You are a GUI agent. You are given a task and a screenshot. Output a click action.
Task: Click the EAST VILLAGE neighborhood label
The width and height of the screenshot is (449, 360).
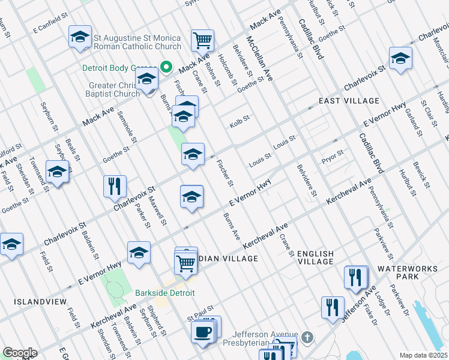[x=349, y=101]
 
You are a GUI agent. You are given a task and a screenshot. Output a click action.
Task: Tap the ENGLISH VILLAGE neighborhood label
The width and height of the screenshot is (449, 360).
[x=316, y=257]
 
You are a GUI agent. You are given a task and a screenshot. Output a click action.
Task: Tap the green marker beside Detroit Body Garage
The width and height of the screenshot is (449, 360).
[x=167, y=67]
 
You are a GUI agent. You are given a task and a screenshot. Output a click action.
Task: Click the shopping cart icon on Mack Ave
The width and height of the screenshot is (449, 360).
[x=203, y=40]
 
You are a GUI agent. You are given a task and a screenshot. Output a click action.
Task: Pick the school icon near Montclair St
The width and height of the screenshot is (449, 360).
[x=400, y=58]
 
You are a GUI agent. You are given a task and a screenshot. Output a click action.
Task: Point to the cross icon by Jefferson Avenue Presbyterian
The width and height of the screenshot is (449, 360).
[x=307, y=338]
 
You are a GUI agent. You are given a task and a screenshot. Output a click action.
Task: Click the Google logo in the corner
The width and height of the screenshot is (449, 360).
[x=20, y=353]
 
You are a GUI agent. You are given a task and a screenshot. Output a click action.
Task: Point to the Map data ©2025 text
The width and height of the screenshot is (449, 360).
[x=423, y=355]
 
